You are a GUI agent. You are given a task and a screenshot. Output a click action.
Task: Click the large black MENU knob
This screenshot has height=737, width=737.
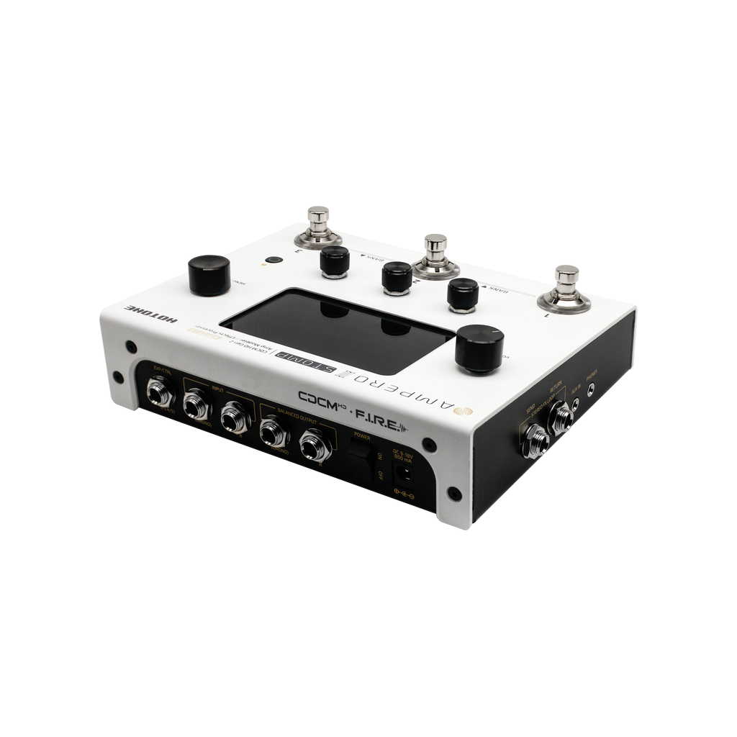pos(209,276)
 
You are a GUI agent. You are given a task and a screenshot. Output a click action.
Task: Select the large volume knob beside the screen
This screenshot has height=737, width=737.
pos(480,348)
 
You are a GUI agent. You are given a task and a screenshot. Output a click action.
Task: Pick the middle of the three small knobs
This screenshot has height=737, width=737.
pos(397,277)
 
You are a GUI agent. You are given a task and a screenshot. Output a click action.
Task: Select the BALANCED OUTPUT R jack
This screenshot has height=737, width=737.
pos(313,444)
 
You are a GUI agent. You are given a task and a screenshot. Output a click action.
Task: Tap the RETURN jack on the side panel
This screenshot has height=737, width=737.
pos(559,417)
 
